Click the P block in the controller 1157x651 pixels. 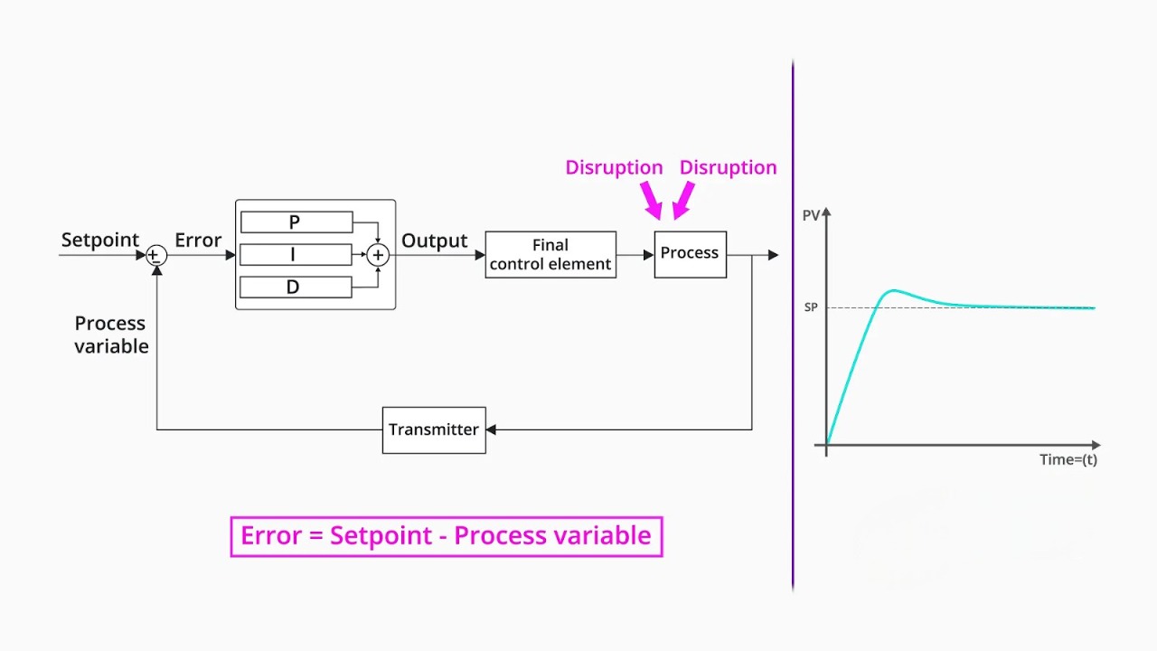pos(296,222)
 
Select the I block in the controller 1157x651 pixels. pos(296,255)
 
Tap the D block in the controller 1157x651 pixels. pos(296,288)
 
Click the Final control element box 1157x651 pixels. pos(550,255)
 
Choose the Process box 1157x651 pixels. pos(690,254)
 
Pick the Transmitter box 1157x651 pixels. pos(434,429)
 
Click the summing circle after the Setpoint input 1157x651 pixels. pos(156,256)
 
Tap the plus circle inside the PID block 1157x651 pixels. pos(379,256)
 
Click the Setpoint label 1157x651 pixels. pos(99,240)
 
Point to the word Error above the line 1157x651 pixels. pos(198,240)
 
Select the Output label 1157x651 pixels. pos(434,241)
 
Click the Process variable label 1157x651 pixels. pos(111,335)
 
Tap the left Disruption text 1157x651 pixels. pos(614,167)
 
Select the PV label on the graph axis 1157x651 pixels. pos(811,216)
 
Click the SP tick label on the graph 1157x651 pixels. pos(811,307)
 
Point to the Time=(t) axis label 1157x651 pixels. pos(1068,459)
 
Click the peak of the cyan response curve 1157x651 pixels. pos(893,290)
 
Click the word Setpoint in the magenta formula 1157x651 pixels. pos(381,535)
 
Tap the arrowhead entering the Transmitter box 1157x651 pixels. pos(492,429)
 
